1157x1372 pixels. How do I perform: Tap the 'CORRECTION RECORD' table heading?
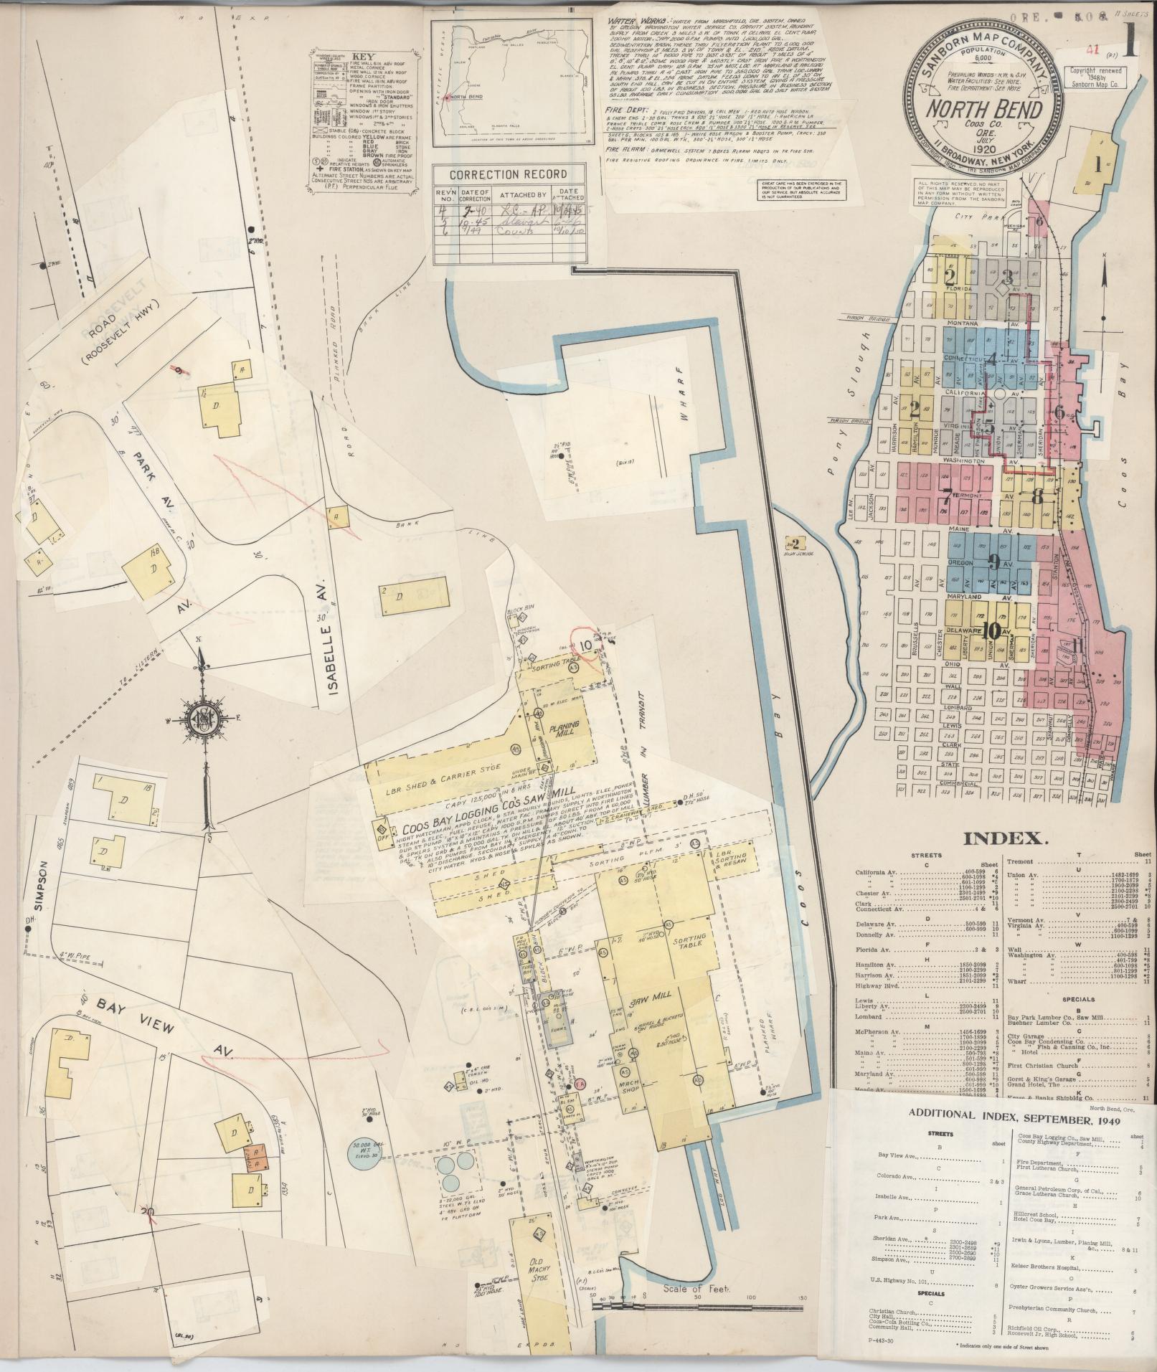pos(507,174)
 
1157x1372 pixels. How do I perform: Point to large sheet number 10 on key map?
pos(992,630)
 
